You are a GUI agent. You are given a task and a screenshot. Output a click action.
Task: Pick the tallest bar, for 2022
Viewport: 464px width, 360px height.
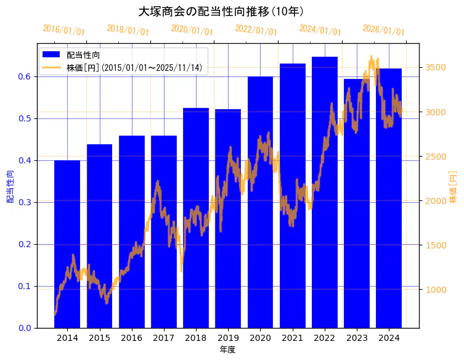click(x=325, y=192)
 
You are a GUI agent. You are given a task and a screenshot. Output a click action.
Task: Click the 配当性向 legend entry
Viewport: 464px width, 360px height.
click(x=80, y=55)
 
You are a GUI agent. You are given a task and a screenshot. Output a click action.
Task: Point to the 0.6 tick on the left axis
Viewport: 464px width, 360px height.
click(x=26, y=76)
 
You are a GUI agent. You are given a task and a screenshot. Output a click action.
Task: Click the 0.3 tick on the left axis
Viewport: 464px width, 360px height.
click(x=26, y=202)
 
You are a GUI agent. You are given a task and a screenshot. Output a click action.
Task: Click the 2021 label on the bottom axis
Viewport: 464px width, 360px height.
click(x=293, y=338)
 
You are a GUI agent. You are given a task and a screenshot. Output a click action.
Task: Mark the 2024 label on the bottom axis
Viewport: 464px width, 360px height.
click(x=389, y=338)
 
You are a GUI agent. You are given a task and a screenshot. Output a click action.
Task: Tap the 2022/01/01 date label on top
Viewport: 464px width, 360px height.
click(x=256, y=30)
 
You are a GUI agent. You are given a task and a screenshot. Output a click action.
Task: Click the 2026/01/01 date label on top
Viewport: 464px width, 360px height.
click(x=384, y=30)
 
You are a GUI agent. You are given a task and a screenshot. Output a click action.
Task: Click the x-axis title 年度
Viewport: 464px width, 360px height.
click(x=227, y=350)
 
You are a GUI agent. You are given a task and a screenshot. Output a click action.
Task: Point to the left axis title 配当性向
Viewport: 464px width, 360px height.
click(x=10, y=186)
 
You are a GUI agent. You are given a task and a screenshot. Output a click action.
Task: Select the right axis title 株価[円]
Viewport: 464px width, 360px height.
click(x=454, y=186)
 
